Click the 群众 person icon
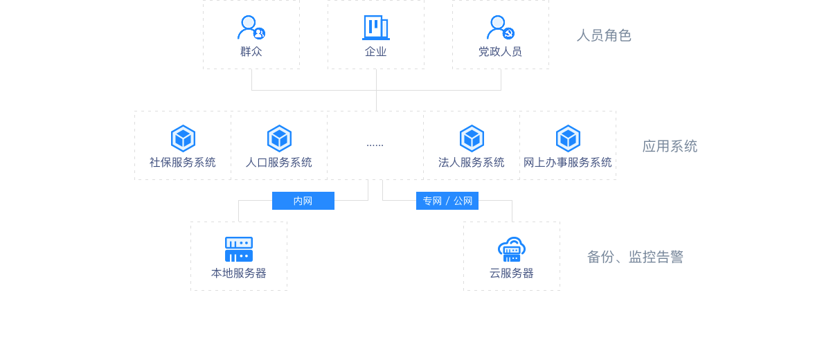pos(251,28)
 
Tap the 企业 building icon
pos(375,28)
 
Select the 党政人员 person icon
pos(500,28)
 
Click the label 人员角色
pos(604,35)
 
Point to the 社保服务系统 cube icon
pos(183,138)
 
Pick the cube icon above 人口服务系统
pos(279,138)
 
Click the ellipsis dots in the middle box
pos(375,145)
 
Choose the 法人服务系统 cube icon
pos(472,138)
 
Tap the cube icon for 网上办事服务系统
pos(568,138)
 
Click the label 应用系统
pos(670,146)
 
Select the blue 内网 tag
pos(303,201)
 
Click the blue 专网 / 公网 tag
pos(447,201)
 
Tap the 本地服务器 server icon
pos(239,249)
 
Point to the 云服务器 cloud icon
pos(512,249)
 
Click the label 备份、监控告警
pos(635,257)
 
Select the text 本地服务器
pos(239,273)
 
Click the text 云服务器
pos(512,273)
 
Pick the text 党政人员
pos(500,52)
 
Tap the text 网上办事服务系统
pos(568,163)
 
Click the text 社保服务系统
pos(183,163)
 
